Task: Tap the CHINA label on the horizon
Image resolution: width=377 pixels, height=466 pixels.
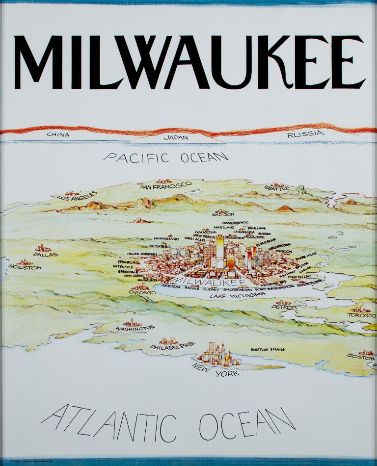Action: [x=58, y=134]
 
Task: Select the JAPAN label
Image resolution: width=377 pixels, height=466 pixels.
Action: [x=176, y=138]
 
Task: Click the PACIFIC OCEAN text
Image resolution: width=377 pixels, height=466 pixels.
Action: [x=166, y=157]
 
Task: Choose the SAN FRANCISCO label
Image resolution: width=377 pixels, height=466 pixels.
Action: [x=165, y=185]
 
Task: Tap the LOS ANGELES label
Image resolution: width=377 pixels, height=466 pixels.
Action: [x=77, y=198]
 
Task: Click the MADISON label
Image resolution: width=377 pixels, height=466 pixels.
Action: [x=223, y=214]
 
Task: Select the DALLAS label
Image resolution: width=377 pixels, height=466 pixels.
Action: [x=46, y=255]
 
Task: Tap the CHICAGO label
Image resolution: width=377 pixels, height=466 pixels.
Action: [x=142, y=292]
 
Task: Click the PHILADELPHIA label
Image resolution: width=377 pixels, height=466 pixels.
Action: [x=172, y=346]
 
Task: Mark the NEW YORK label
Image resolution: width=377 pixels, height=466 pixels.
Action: [x=215, y=370]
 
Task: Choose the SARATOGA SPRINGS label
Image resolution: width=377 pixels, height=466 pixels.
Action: [x=267, y=349]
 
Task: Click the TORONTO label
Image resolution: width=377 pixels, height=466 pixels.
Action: [x=362, y=315]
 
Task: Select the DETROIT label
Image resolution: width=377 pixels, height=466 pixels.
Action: [x=285, y=307]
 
